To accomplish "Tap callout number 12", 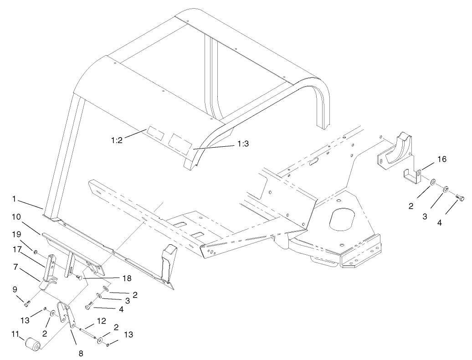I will (101, 321).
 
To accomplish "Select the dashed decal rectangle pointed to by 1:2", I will (154, 134).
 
